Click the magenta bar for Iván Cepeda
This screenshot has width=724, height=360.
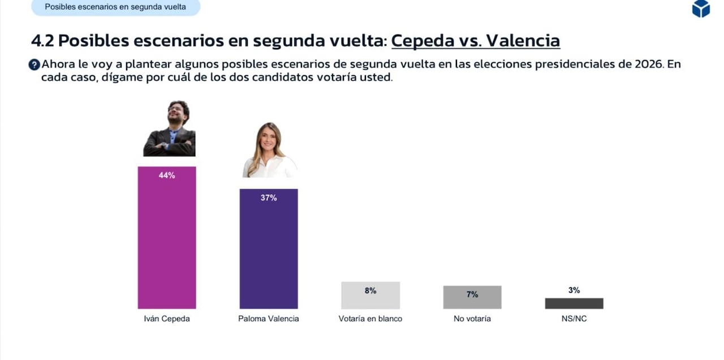167,243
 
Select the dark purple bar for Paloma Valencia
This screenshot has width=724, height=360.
269,255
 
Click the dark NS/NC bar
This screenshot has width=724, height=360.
574,303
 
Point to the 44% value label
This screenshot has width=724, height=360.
167,175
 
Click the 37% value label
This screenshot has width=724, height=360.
269,198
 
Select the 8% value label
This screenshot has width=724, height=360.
370,290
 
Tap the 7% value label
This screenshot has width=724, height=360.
472,294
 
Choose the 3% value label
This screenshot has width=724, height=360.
574,290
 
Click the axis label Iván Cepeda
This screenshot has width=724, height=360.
167,319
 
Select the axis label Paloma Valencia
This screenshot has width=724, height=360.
269,319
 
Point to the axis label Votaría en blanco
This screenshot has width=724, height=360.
370,319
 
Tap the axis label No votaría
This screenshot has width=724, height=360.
472,319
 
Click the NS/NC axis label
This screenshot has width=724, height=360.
574,319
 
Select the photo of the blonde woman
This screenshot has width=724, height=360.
270,151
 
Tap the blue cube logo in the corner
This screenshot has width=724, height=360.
701,8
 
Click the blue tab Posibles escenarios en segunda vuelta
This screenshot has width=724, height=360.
115,7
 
